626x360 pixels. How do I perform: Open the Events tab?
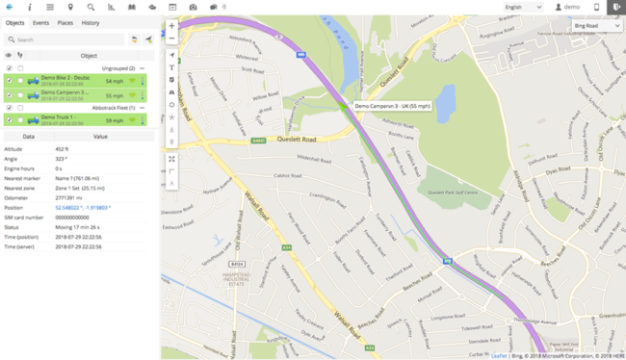coord(40,22)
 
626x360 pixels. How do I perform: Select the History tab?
coord(91,22)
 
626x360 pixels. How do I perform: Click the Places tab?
coord(65,22)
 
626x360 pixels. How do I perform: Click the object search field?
coord(63,39)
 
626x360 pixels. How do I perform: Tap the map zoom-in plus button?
coord(171,26)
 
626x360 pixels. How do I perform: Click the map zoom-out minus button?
coord(171,39)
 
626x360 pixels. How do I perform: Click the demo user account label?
coord(571,7)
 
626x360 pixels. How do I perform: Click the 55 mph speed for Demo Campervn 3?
coord(115,95)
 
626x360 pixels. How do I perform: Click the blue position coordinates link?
coord(83,207)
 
